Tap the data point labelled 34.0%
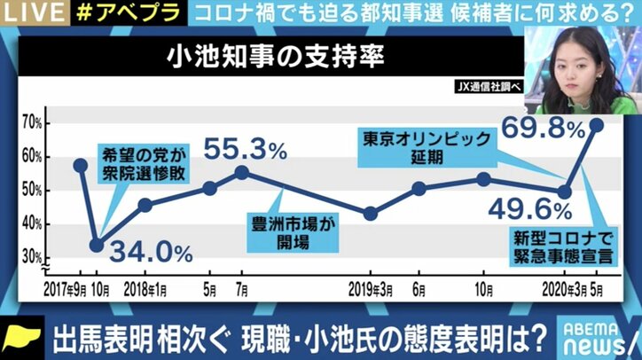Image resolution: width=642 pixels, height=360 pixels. [x=97, y=245]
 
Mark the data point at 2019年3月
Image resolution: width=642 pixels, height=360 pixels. [x=371, y=214]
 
